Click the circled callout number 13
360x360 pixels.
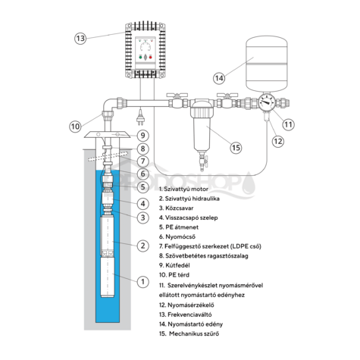click(x=80, y=39)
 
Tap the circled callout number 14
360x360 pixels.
click(x=219, y=78)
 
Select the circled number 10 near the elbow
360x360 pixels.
click(x=75, y=126)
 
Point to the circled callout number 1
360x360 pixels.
click(x=142, y=281)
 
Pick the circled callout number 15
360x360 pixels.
click(x=236, y=148)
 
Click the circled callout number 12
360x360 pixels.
click(x=278, y=141)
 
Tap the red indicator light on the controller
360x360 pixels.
click(x=151, y=58)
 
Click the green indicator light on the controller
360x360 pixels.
click(x=140, y=58)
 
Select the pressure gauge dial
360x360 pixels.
click(x=267, y=102)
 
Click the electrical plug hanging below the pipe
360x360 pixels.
click(x=139, y=120)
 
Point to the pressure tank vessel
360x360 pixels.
click(x=267, y=64)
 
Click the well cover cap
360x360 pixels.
click(x=108, y=134)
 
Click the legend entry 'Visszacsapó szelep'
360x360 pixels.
click(x=192, y=218)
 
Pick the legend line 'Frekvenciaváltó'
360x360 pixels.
click(x=189, y=315)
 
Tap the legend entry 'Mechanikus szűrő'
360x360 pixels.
click(x=194, y=333)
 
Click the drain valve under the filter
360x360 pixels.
click(x=202, y=161)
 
